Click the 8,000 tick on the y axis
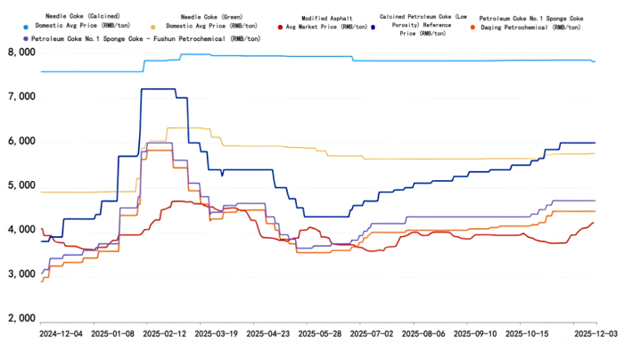(x=21, y=53)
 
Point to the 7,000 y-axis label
(x=21, y=97)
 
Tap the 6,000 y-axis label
(x=21, y=142)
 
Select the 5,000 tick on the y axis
(x=21, y=186)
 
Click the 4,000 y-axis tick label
(x=21, y=230)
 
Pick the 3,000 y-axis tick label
(x=21, y=274)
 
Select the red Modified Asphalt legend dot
(x=280, y=28)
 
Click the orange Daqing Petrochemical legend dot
(x=472, y=28)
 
